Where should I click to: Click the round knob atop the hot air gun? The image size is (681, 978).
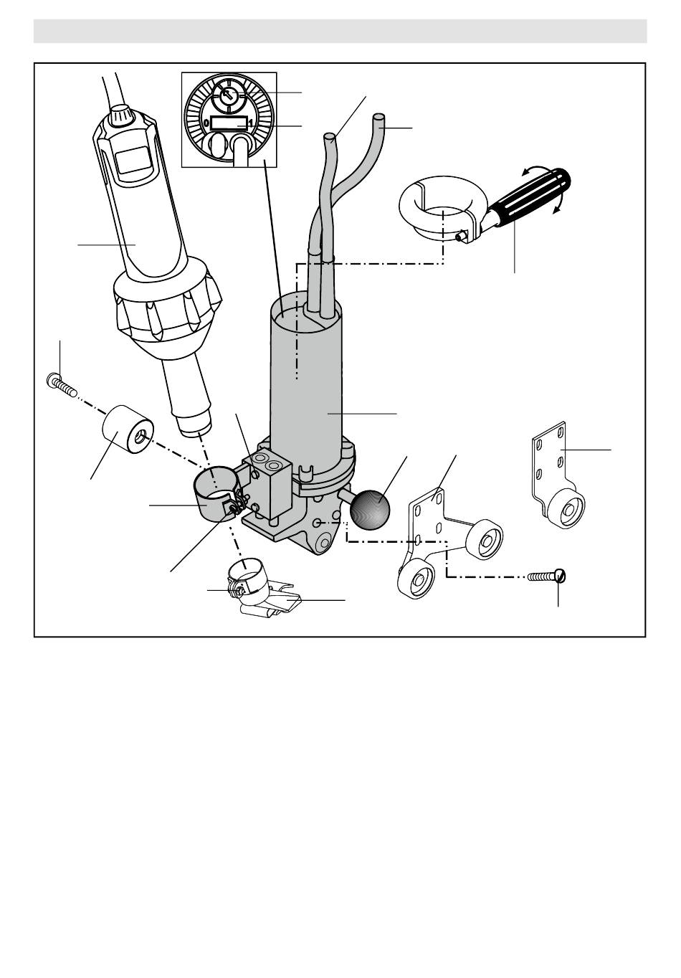point(121,115)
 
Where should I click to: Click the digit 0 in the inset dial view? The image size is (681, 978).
point(206,123)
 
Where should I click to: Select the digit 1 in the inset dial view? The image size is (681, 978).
point(251,123)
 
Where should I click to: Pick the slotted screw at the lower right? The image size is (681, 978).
point(546,576)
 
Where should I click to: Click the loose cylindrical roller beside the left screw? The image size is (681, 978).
point(128,429)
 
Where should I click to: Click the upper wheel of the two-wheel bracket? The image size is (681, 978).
point(485,540)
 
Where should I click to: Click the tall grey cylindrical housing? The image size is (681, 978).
point(305,393)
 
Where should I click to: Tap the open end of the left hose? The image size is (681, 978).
point(330,138)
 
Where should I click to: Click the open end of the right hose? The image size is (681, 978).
point(379,118)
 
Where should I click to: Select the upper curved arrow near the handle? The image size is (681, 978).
point(535,170)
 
